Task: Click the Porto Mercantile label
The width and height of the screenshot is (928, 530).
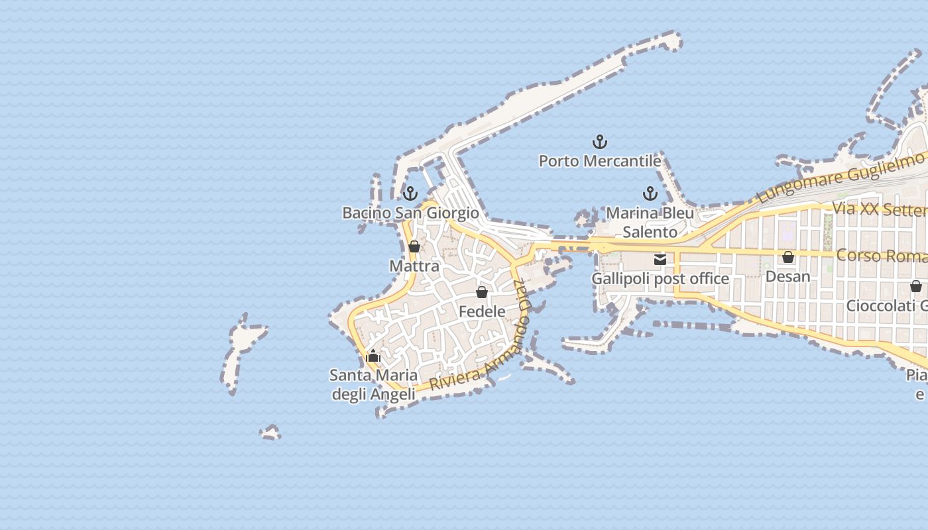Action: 600,161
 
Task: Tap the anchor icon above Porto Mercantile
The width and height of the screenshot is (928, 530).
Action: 600,142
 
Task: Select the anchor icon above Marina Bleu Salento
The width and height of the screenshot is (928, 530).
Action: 650,193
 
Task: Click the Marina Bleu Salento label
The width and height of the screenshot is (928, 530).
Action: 650,223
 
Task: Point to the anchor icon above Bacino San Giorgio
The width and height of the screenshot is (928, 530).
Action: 410,193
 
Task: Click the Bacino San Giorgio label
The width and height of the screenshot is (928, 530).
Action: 410,213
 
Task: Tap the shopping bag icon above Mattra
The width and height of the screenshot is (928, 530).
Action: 414,246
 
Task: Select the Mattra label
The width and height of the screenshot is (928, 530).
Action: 414,266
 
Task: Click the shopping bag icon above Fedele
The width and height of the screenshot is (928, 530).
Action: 482,292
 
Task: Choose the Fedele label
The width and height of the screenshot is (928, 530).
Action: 482,311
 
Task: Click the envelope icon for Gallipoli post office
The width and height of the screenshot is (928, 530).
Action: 660,260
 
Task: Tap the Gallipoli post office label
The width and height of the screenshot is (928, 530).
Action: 660,279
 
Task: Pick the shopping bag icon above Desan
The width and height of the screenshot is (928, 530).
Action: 788,257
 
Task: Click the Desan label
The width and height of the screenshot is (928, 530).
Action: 788,276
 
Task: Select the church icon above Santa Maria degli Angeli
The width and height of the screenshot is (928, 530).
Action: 373,356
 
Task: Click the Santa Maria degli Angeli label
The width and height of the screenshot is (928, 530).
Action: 373,385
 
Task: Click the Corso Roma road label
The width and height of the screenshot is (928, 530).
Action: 882,256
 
